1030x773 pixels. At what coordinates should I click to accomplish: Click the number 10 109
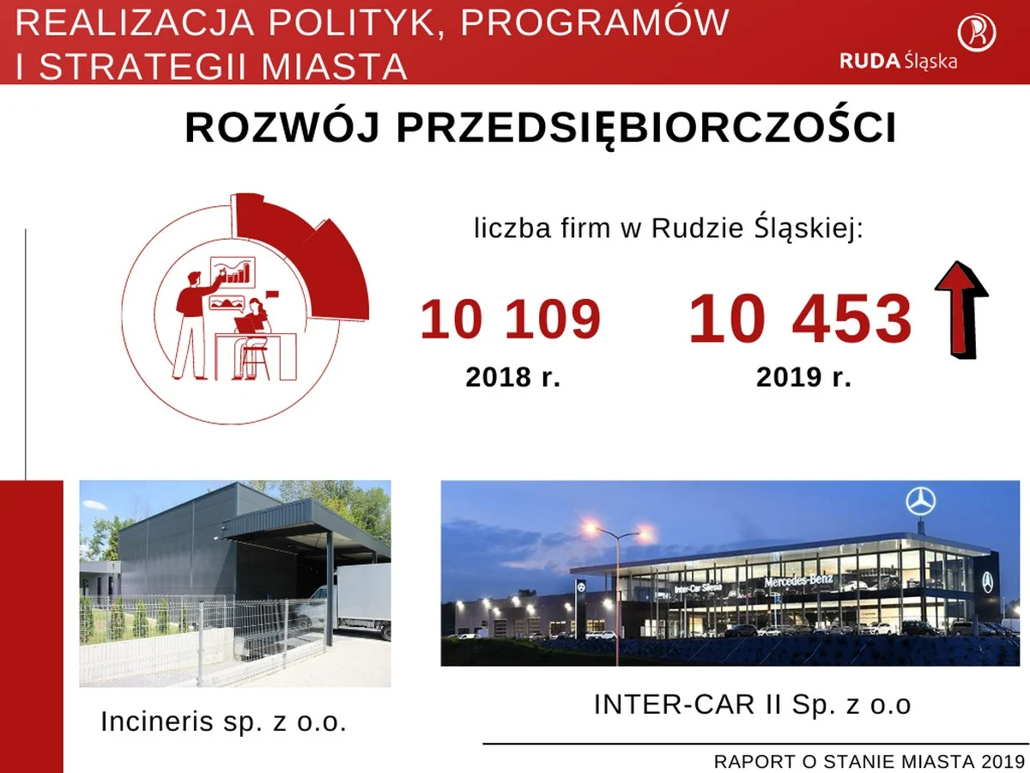(x=510, y=319)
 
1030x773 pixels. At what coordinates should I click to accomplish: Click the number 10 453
(x=799, y=319)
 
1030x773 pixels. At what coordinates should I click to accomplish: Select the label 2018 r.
(x=512, y=377)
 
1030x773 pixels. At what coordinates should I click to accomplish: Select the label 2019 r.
(x=803, y=377)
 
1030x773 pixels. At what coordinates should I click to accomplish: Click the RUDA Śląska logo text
(x=899, y=61)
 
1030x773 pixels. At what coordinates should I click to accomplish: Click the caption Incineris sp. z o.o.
(x=224, y=721)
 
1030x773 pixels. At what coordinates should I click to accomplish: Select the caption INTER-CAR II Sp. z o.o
(x=752, y=704)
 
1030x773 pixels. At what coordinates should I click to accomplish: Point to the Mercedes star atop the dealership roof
(x=920, y=501)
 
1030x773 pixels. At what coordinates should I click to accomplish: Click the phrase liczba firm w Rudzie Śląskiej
(x=669, y=228)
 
